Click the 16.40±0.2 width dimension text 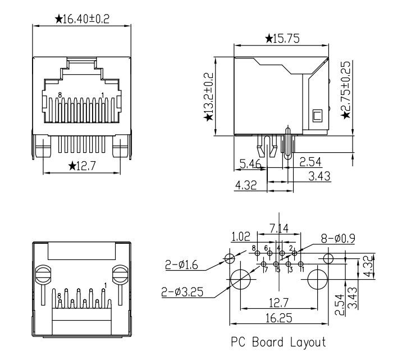pyautogui.click(x=86, y=19)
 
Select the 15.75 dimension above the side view pyautogui.click(x=286, y=39)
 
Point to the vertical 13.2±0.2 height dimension pyautogui.click(x=208, y=93)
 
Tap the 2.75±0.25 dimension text pyautogui.click(x=346, y=86)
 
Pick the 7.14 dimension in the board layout pyautogui.click(x=279, y=229)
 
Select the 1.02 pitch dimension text pyautogui.click(x=241, y=236)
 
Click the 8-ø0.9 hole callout pyautogui.click(x=338, y=239)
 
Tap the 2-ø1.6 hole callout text pyautogui.click(x=181, y=265)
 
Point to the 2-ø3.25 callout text pyautogui.click(x=182, y=292)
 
